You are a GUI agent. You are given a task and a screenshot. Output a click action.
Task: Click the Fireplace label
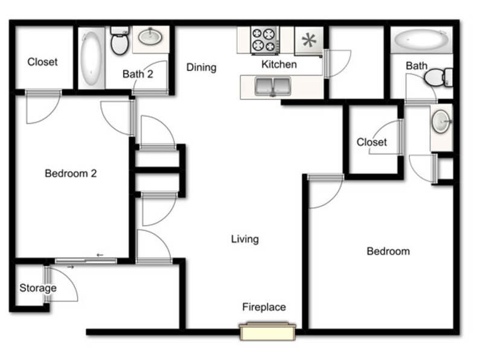click(x=264, y=307)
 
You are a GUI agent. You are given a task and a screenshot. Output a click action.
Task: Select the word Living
click(x=245, y=239)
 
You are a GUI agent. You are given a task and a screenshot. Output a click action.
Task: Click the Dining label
click(x=202, y=68)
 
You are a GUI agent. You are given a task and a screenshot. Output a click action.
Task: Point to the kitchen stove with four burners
click(x=264, y=40)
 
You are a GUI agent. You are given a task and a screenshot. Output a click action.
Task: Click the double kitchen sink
click(x=273, y=86)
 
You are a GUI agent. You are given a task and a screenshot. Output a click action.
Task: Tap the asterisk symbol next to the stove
click(x=309, y=40)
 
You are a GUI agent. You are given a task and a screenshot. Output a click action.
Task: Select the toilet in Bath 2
click(x=120, y=40)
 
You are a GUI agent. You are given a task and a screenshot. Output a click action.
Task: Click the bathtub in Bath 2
click(x=91, y=58)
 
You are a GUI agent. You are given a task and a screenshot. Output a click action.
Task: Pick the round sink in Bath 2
click(x=150, y=37)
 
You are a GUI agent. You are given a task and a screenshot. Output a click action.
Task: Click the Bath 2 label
click(x=138, y=74)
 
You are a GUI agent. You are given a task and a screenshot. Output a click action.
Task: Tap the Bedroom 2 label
click(x=71, y=173)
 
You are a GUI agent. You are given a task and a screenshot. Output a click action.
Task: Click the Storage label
click(x=38, y=288)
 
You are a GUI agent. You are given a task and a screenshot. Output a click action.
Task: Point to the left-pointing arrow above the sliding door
click(x=100, y=255)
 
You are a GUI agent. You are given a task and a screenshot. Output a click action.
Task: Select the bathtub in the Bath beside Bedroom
click(x=421, y=40)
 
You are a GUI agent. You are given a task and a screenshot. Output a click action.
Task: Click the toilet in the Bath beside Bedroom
click(x=438, y=78)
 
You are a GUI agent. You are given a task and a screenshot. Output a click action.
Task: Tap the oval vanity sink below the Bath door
click(x=441, y=122)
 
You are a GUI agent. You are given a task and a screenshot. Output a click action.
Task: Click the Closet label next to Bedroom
click(x=371, y=142)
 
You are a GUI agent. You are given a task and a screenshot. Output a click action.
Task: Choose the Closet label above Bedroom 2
click(x=42, y=62)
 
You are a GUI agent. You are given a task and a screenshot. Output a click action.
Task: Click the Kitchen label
click(x=279, y=65)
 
